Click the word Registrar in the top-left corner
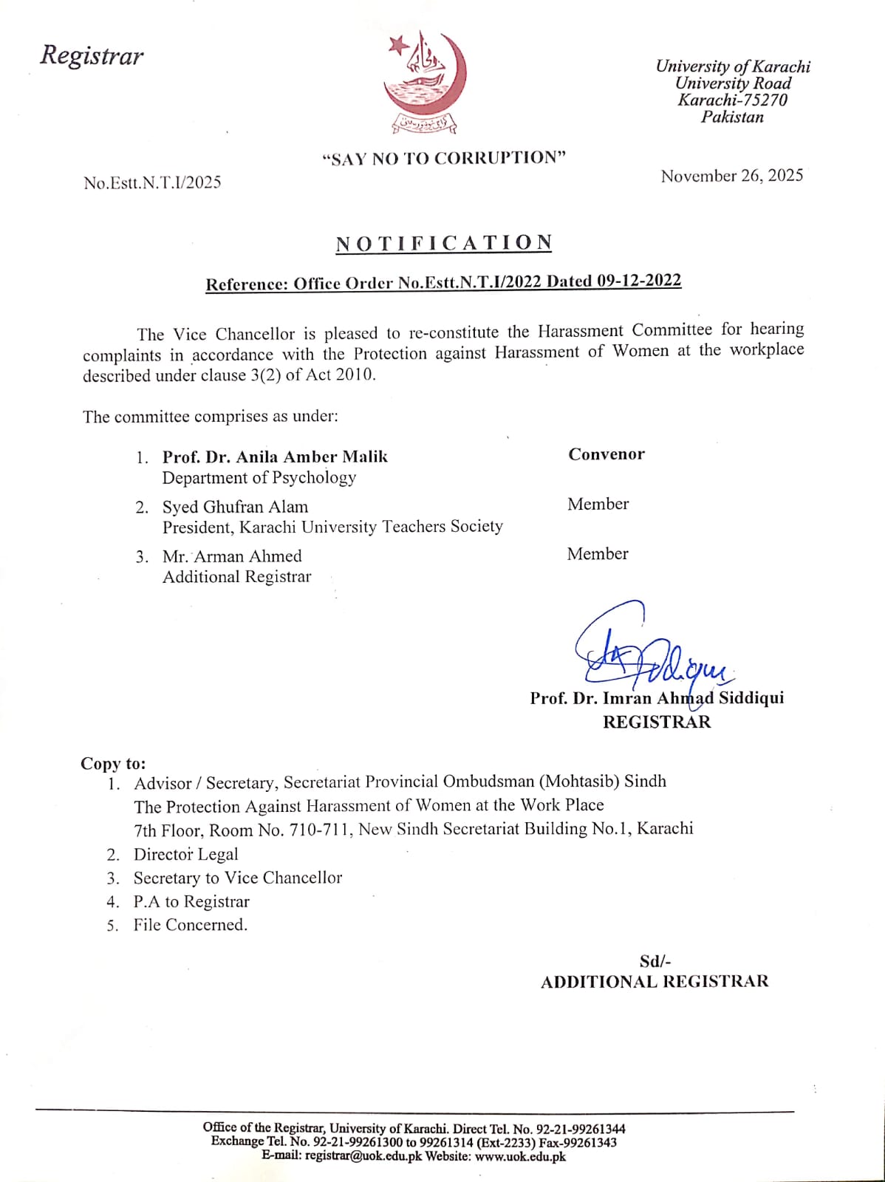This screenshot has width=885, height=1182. pyautogui.click(x=92, y=55)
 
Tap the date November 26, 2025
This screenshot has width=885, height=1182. pyautogui.click(x=731, y=176)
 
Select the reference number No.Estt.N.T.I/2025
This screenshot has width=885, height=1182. pyautogui.click(x=152, y=182)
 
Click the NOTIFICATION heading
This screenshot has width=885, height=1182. pyautogui.click(x=444, y=243)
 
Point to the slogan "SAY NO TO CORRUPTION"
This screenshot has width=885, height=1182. pyautogui.click(x=444, y=158)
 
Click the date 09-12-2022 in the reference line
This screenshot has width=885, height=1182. pyautogui.click(x=639, y=281)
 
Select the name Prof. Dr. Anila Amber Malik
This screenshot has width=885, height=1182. pyautogui.click(x=275, y=457)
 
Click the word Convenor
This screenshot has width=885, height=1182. pyautogui.click(x=606, y=454)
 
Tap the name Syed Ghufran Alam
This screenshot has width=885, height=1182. pyautogui.click(x=235, y=507)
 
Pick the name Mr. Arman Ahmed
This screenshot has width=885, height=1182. pyautogui.click(x=232, y=556)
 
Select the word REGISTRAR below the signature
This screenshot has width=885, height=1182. pyautogui.click(x=656, y=722)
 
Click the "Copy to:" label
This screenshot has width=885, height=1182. pyautogui.click(x=113, y=764)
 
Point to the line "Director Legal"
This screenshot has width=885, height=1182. pyautogui.click(x=185, y=855)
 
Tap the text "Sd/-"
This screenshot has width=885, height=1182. pyautogui.click(x=655, y=961)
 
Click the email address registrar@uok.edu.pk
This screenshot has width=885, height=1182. pyautogui.click(x=363, y=1156)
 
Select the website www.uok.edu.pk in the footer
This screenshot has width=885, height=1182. pyautogui.click(x=520, y=1156)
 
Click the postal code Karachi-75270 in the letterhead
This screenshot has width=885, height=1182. pyautogui.click(x=732, y=100)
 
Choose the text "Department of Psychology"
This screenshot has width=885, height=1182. pyautogui.click(x=259, y=478)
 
